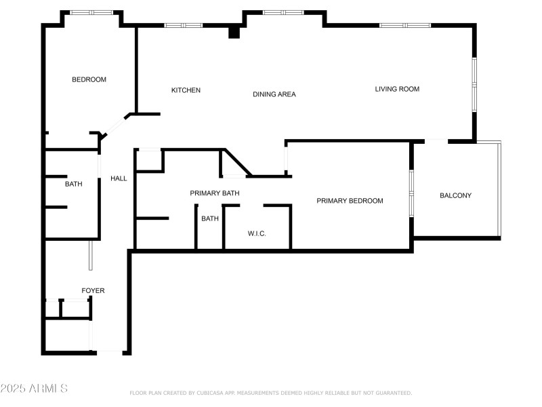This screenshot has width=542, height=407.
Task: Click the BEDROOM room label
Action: pos(89,80)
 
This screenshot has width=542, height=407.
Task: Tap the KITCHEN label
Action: pos(186,91)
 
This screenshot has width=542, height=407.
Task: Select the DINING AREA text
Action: pos(274,94)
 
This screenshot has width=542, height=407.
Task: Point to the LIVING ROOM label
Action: pos(397,89)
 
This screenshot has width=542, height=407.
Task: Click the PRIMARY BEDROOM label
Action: pos(350,201)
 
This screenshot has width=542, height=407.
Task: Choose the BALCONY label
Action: pos(455,196)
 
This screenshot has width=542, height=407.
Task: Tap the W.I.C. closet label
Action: pos(257,234)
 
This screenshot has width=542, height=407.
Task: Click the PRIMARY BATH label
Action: pos(214,194)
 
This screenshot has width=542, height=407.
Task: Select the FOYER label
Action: pos(93,291)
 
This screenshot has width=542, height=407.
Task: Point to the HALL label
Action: pos(119,179)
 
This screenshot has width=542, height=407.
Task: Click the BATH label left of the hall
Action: pos(73,185)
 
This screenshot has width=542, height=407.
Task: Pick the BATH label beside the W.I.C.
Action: pos(209,218)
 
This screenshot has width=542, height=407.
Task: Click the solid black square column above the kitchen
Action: pos(234,32)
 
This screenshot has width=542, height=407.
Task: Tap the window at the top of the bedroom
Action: pos(92,12)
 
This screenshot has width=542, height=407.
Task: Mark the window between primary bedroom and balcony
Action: pos(411,193)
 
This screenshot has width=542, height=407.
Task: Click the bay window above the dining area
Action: pos(283,12)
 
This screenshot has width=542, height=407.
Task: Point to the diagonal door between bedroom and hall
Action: pos(116,126)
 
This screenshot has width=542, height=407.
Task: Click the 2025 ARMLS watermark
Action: pos(34,389)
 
